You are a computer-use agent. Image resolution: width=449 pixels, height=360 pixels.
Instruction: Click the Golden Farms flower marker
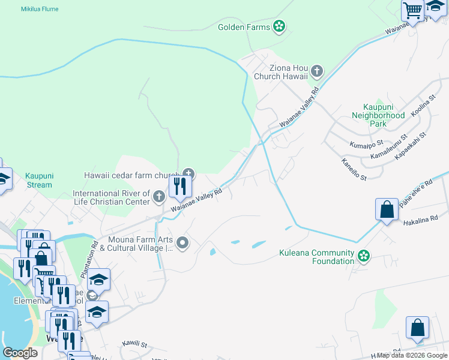pos(279,26)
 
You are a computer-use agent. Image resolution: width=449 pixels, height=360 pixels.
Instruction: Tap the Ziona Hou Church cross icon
pos(317,72)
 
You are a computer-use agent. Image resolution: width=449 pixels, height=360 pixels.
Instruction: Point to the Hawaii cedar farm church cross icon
pos(188,175)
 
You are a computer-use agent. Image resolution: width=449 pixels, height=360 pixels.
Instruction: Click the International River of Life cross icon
pos(158,197)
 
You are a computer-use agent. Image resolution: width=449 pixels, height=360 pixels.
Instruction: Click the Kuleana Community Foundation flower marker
pos(363,256)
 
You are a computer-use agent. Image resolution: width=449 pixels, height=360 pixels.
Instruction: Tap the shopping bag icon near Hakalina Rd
pos(387,210)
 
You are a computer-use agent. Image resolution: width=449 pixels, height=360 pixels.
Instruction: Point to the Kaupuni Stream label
pos(39,181)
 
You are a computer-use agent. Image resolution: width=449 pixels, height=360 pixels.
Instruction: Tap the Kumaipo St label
pos(366,145)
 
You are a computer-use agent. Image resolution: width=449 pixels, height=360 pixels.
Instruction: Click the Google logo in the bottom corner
pos(20,353)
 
